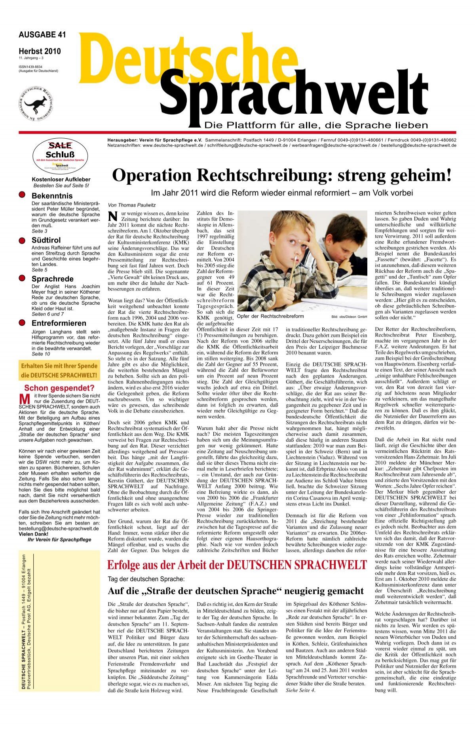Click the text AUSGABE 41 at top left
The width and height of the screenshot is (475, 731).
[x=42, y=35]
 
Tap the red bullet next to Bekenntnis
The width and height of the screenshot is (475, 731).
[x=23, y=195]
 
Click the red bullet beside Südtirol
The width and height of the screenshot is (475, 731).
[x=23, y=240]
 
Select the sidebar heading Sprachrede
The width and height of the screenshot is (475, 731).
[x=52, y=279]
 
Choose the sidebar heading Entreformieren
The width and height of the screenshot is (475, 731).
[x=59, y=323]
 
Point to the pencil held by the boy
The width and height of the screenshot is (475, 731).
[x=293, y=273]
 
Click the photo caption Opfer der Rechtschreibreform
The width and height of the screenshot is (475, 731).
[x=270, y=316]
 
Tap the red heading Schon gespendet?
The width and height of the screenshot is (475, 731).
[x=59, y=388]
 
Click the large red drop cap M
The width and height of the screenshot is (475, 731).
[x=25, y=399]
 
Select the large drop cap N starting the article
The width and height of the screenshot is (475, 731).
[x=114, y=216]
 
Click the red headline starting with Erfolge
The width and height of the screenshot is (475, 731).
[x=237, y=565]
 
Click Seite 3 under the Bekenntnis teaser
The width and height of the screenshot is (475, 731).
[x=40, y=231]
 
